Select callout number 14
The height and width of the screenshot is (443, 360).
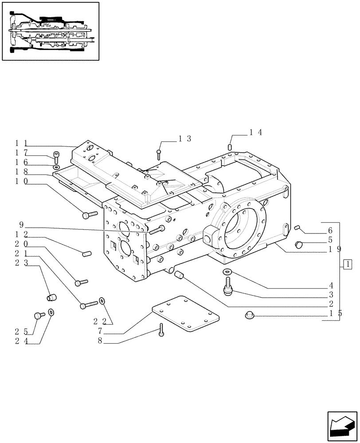(x=256, y=132)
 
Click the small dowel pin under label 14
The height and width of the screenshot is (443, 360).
(x=230, y=147)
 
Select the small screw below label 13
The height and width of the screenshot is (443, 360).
(x=159, y=153)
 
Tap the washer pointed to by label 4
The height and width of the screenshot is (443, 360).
(x=227, y=272)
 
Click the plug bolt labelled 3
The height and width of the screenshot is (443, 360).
(x=228, y=287)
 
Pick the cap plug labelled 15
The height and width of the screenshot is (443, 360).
(x=248, y=315)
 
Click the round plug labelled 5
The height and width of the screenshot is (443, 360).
(x=299, y=244)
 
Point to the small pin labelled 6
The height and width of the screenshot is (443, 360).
(x=298, y=228)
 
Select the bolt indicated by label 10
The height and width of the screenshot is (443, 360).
(x=90, y=215)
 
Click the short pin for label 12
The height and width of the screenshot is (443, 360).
(x=86, y=253)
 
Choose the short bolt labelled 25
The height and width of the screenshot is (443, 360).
(x=38, y=315)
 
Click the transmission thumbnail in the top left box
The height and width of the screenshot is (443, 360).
(x=50, y=31)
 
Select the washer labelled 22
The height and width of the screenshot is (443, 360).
(x=102, y=301)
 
